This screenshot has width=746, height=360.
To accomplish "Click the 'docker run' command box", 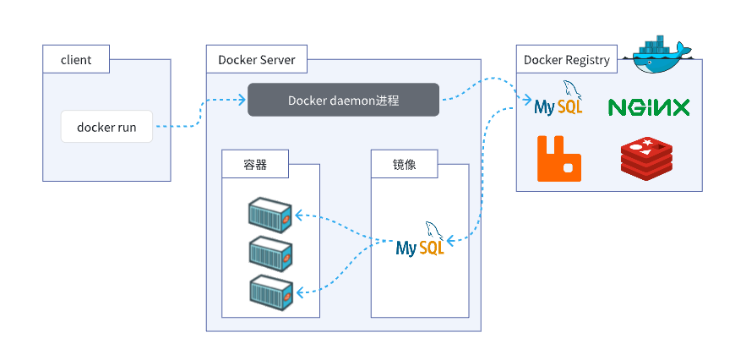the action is (106, 127).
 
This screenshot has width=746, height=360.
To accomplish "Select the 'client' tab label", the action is (76, 59).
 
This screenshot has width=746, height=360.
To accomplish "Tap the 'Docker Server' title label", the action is (257, 59).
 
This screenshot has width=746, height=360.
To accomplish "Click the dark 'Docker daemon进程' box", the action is (344, 100).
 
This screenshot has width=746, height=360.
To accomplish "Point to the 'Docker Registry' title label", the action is (567, 59).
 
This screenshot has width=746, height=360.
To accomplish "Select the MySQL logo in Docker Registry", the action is (558, 99).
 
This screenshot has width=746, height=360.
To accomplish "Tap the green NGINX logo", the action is (649, 107).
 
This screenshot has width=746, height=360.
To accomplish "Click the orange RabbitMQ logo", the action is (559, 159).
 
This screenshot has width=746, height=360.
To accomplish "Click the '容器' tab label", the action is (254, 164).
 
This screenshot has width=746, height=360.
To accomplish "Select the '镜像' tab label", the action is (405, 164).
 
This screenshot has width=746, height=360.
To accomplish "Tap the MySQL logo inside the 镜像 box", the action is (421, 239).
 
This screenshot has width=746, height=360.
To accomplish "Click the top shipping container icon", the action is (270, 215).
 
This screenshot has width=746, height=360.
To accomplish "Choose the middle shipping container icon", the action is (270, 254).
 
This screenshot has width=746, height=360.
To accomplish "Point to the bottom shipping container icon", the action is (270, 292).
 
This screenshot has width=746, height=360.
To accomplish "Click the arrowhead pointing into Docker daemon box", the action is (242, 100).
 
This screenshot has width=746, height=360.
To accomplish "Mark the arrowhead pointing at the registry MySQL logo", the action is (527, 100).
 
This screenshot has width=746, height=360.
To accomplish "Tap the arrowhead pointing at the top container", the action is (299, 215).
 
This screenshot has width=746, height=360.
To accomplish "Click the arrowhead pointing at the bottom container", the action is (299, 291).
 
